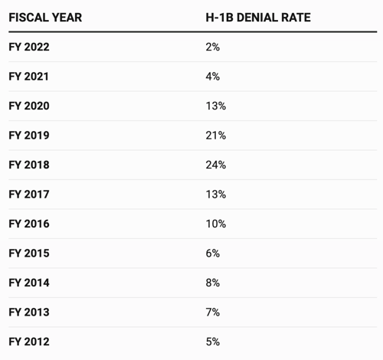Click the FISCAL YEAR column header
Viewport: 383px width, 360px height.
click(45, 18)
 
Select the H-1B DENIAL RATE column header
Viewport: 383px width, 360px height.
click(258, 18)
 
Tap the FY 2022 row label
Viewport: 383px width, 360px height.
click(29, 47)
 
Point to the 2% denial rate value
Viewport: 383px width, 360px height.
click(213, 47)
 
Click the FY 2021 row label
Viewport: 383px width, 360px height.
click(28, 77)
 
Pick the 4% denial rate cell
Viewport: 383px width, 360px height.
click(213, 77)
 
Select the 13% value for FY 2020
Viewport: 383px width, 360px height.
click(216, 106)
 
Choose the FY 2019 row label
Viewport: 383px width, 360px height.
click(29, 136)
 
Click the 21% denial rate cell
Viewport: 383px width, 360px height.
click(216, 136)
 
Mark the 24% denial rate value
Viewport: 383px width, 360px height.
click(216, 165)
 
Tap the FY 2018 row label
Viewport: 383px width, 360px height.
click(29, 165)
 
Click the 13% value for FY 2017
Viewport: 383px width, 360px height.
click(216, 195)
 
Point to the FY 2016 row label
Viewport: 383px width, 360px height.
click(29, 224)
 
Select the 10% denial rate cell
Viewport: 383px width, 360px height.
click(216, 224)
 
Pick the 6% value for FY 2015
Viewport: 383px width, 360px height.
click(213, 254)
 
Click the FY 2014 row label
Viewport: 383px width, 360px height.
click(29, 283)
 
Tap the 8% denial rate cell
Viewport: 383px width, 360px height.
click(213, 283)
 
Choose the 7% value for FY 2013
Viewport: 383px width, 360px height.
click(213, 313)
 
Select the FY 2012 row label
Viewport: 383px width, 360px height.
click(29, 342)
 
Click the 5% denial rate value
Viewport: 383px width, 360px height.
click(213, 342)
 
